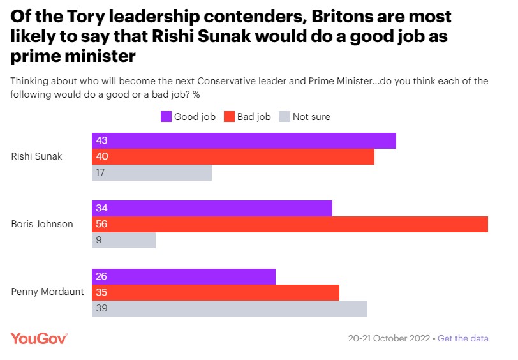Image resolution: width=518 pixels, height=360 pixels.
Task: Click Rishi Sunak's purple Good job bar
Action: (244, 140)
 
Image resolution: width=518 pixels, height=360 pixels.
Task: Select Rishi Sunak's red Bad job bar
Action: (233, 156)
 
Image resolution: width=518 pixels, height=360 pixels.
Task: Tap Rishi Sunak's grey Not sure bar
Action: (152, 172)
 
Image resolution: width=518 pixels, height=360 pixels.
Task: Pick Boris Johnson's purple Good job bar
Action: (212, 208)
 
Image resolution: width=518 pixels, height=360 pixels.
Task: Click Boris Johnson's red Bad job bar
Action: (290, 224)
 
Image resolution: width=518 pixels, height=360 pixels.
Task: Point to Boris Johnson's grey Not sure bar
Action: (124, 240)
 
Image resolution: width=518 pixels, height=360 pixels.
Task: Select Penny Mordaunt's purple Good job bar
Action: (184, 276)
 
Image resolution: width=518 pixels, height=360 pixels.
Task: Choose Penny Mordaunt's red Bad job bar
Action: (216, 292)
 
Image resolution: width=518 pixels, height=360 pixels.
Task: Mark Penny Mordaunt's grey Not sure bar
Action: (230, 308)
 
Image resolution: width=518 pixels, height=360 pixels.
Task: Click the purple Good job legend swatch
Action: (165, 116)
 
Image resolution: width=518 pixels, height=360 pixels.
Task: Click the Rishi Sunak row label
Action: (37, 156)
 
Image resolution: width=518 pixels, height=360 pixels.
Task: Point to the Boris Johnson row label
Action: (42, 224)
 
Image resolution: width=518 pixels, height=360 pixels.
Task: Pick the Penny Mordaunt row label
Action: (48, 292)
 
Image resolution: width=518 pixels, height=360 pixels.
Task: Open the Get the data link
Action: (463, 338)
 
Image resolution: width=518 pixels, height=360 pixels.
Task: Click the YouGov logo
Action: (39, 338)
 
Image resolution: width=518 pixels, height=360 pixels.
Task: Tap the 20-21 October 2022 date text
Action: (389, 338)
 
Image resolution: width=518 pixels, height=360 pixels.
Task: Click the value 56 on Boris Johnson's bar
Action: (101, 224)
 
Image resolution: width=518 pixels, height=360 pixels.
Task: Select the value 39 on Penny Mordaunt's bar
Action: (101, 308)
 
